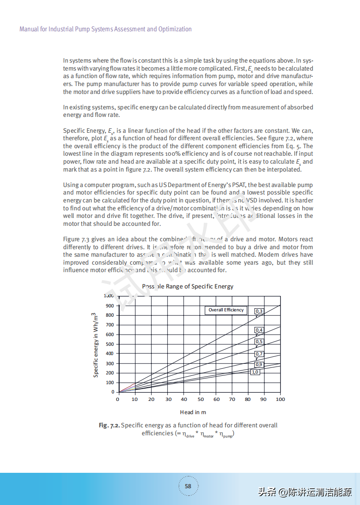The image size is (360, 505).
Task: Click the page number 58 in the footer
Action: [x=188, y=486]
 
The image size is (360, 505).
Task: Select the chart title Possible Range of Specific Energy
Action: [x=188, y=286]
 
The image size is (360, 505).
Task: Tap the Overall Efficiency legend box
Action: [x=226, y=310]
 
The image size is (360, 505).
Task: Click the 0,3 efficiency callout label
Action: [x=259, y=311]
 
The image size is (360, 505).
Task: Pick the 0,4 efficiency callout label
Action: [x=259, y=330]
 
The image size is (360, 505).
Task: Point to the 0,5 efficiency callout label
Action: [x=259, y=341]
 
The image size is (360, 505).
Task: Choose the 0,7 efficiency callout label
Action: [x=259, y=354]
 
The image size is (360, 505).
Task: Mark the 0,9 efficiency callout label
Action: [x=259, y=365]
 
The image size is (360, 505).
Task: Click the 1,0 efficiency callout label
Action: [x=255, y=372]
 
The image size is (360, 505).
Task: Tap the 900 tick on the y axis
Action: [x=109, y=306]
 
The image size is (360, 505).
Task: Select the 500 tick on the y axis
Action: [x=109, y=344]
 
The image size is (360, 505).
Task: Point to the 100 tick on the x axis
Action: [x=280, y=399]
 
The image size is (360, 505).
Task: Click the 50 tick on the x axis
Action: [x=201, y=399]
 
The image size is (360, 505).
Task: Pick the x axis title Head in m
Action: [x=193, y=412]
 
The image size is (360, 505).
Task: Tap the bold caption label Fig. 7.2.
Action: [x=109, y=425]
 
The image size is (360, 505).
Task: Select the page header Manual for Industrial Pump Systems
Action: [x=105, y=29]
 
